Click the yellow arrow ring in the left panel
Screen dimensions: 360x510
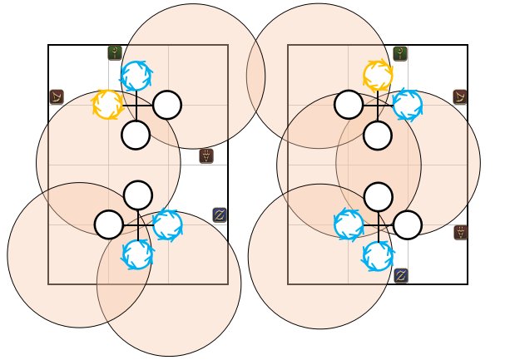pos(107,105)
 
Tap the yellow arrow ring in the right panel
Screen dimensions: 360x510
pos(378,75)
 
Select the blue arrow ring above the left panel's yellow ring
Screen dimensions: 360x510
pos(136,76)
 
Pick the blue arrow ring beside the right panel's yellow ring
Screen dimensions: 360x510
pos(407,105)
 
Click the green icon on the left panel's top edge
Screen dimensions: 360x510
pos(115,53)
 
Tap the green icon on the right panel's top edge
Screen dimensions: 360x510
pos(400,53)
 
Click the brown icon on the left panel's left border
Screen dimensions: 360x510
pos(57,97)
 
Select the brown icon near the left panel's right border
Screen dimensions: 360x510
pos(207,155)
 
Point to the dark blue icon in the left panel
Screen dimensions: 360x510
pos(220,215)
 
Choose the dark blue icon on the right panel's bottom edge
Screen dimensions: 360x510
pos(400,275)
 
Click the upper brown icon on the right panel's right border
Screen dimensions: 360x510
pos(460,97)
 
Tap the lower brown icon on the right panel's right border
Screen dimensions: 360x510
pos(460,233)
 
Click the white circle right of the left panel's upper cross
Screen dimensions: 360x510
pos(166,105)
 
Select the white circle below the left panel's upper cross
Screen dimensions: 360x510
pos(136,135)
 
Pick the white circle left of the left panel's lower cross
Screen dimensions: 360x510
pos(109,224)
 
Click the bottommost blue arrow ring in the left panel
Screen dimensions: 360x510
pos(137,254)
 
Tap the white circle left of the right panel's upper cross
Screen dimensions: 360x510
pos(349,105)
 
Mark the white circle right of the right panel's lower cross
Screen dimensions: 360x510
pos(407,224)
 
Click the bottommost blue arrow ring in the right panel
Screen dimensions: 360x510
pos(378,254)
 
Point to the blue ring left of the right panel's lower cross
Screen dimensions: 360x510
pos(349,224)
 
